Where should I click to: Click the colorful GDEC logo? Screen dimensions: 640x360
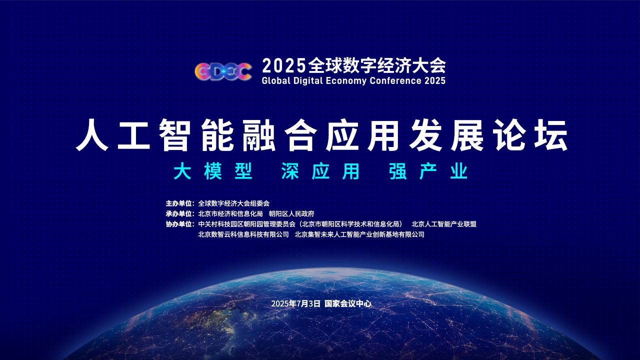point(223,71)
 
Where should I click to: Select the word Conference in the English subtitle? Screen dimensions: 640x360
point(395,80)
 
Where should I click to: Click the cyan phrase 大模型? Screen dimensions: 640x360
point(213,171)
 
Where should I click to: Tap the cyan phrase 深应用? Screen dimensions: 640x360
point(320,171)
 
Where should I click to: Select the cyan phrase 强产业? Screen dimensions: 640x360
point(428,171)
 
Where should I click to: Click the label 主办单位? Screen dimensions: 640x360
point(178,203)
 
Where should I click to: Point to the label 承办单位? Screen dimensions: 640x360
point(178,213)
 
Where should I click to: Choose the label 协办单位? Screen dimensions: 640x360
point(178,224)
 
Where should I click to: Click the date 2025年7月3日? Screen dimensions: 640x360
point(295,303)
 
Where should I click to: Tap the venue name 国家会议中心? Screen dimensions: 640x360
point(348,303)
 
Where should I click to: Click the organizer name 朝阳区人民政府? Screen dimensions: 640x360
point(291,213)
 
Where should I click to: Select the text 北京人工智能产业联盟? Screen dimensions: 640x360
point(444,224)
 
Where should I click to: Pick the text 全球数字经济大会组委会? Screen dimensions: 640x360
point(233,203)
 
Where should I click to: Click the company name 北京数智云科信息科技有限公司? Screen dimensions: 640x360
point(243,234)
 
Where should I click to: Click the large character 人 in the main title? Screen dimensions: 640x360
point(92,134)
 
